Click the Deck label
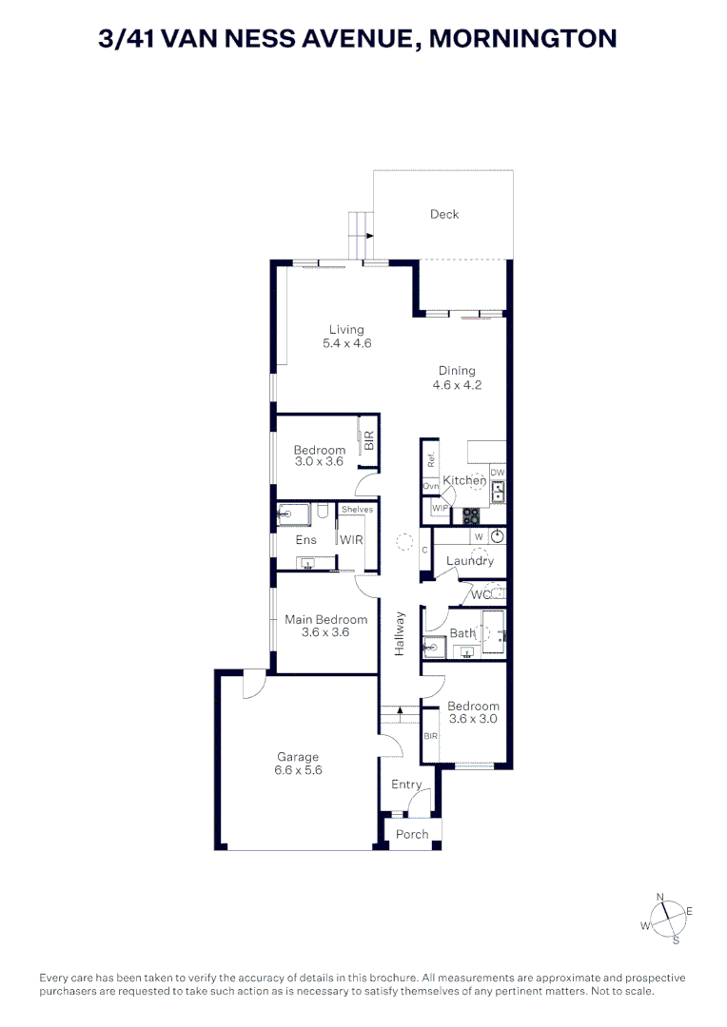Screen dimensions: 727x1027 point(443,214)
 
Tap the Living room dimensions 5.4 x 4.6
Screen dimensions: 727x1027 point(346,343)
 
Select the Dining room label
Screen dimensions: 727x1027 point(457,371)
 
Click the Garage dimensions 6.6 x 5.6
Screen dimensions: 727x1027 point(298,770)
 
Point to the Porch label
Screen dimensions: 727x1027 point(412,835)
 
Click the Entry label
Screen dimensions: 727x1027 point(406,785)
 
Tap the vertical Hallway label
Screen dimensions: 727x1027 point(400,634)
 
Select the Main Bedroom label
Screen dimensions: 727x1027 point(325,620)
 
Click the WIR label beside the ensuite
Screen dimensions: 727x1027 point(351,540)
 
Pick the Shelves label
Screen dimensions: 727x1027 point(357,509)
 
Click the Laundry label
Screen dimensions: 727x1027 point(470,561)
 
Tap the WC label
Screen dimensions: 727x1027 point(481,594)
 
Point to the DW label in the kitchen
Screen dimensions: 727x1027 point(498,473)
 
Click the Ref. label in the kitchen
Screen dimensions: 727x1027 point(431,460)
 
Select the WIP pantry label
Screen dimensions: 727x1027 point(440,508)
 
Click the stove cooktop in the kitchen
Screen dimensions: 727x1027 point(471,516)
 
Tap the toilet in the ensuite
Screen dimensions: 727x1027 point(322,511)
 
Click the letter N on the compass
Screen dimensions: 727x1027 point(660,898)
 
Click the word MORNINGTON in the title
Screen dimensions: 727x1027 point(523,39)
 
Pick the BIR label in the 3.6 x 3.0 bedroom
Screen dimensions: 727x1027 point(431,736)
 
